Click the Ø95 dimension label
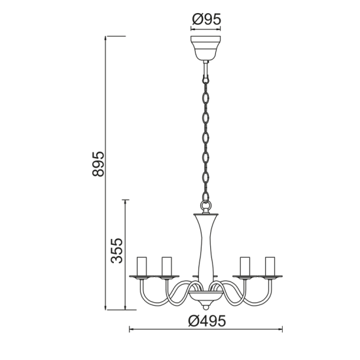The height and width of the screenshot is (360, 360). [206, 19]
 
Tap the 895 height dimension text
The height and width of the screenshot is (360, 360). [98, 164]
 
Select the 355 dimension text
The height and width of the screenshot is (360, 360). [117, 251]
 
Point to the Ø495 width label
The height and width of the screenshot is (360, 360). [207, 321]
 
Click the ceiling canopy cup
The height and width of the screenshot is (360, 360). [206, 48]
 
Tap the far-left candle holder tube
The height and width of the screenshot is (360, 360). [141, 266]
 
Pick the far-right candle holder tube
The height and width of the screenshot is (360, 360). [270, 266]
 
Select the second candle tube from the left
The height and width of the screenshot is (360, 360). [166, 266]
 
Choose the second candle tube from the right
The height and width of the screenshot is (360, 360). [245, 266]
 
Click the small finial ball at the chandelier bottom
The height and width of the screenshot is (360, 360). [206, 307]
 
